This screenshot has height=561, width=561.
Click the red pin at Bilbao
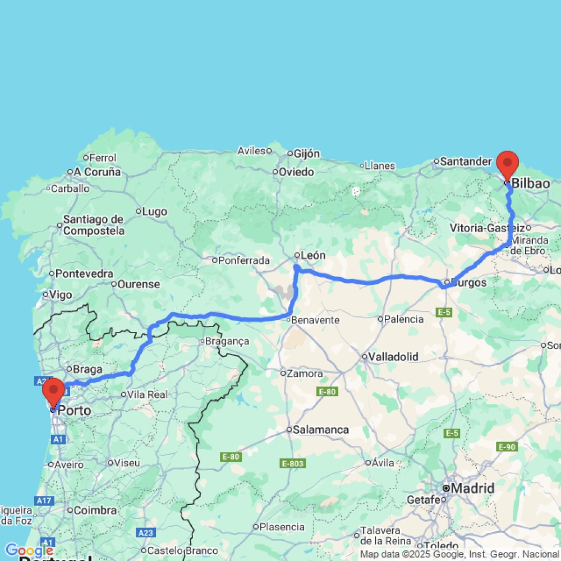[508, 164]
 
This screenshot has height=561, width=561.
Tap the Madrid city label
[472, 489]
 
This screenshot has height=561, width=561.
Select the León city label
[313, 255]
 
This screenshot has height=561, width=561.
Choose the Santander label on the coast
[466, 162]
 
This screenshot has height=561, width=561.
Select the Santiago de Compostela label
[93, 225]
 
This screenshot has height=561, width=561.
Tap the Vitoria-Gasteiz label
[488, 228]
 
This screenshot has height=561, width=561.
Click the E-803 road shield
[292, 463]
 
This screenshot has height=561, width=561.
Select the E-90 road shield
[507, 447]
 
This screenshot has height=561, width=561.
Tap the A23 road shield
[145, 532]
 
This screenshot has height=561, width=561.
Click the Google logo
[28, 550]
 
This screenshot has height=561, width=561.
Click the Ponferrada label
[244, 260]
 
